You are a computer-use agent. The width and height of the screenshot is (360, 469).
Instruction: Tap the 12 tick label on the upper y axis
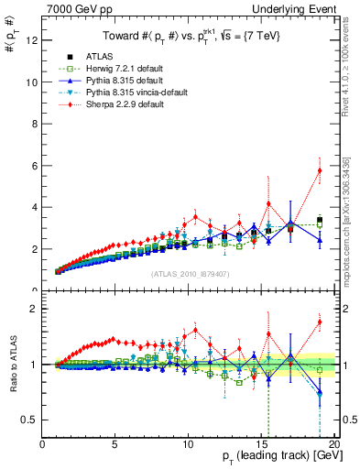point(32,39)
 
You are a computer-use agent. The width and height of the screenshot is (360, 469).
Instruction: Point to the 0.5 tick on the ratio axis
point(29,420)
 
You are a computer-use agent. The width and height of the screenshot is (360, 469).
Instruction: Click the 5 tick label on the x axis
point(115,446)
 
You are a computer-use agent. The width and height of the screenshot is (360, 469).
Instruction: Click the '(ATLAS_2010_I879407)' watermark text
point(190,274)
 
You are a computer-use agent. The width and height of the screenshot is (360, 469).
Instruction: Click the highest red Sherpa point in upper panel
point(320,170)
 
